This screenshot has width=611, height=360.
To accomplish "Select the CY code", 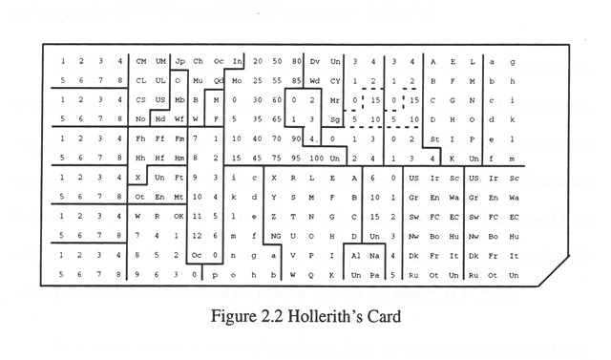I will (334, 81).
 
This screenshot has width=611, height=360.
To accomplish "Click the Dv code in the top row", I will (315, 62).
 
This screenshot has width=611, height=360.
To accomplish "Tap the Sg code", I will (334, 119).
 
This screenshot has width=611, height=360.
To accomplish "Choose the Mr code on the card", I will (334, 100).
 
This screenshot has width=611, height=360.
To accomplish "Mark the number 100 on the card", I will (317, 159).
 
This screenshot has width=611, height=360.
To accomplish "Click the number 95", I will (296, 159).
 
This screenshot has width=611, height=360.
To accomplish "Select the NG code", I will (278, 235).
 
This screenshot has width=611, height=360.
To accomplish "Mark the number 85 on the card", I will (296, 81).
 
